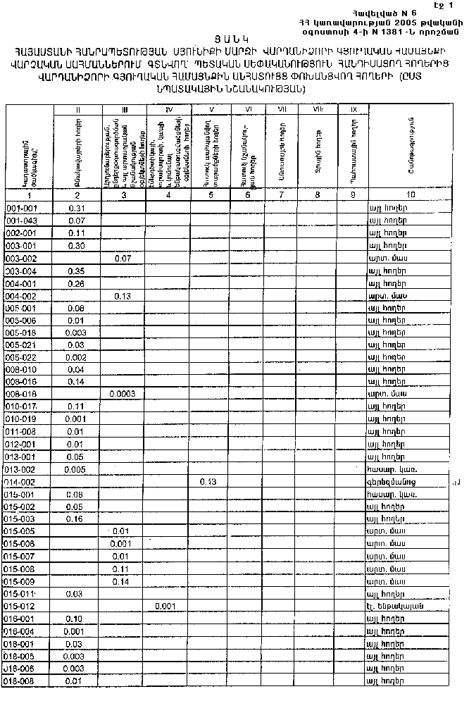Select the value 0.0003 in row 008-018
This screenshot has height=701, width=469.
click(124, 395)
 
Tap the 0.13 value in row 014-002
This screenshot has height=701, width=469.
click(207, 481)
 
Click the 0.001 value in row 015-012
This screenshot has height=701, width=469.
click(164, 605)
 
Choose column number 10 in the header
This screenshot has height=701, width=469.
click(410, 194)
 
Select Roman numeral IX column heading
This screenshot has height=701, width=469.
click(352, 110)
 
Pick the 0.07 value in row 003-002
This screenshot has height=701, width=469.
click(123, 259)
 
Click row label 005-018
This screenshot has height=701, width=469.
click(20, 333)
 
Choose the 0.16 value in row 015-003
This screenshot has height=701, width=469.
click(77, 519)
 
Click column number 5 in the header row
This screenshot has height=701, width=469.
click(209, 194)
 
